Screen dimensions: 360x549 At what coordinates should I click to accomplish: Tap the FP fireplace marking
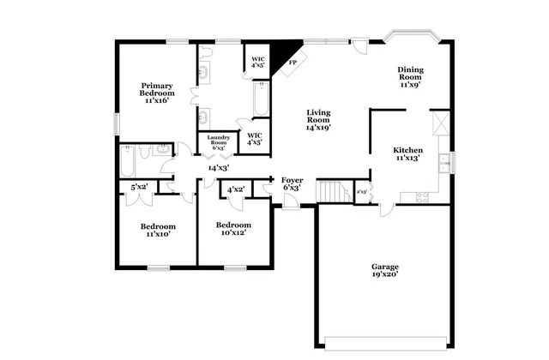pyautogui.click(x=293, y=63)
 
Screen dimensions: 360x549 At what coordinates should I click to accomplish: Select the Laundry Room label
pyautogui.click(x=218, y=142)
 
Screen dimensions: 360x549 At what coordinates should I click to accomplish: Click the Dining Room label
pyautogui.click(x=409, y=77)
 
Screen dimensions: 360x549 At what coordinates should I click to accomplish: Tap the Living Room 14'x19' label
pyautogui.click(x=319, y=120)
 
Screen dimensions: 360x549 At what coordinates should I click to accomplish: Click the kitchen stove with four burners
pyautogui.click(x=422, y=197)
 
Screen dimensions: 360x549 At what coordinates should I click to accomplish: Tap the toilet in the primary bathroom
pyautogui.click(x=206, y=54)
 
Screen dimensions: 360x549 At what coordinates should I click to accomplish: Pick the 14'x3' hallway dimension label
pyautogui.click(x=217, y=168)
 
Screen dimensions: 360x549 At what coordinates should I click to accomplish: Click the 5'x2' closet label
pyautogui.click(x=138, y=187)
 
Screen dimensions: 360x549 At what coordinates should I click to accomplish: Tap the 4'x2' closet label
pyautogui.click(x=236, y=189)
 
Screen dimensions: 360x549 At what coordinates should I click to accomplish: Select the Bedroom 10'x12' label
pyautogui.click(x=233, y=229)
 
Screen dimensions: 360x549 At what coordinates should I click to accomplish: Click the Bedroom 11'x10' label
pyautogui.click(x=158, y=230)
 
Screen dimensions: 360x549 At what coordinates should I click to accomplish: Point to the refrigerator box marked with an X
pyautogui.click(x=441, y=123)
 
